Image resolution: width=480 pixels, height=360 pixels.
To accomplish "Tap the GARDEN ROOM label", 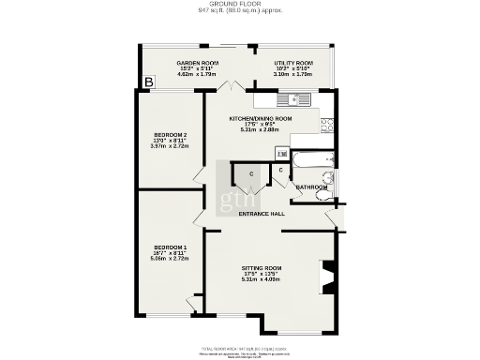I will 198,63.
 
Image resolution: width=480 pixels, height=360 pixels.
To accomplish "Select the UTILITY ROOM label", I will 293,63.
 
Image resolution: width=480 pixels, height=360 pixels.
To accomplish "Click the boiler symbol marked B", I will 148,83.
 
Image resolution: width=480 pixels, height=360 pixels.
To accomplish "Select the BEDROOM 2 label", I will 169,135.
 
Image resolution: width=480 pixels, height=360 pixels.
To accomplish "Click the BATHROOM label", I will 311,187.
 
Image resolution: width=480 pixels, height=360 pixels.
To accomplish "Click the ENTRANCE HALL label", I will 262,214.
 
